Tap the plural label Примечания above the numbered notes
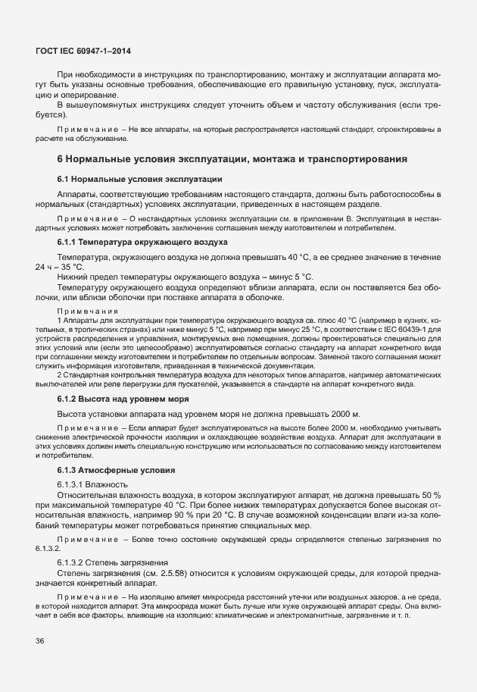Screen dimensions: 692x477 (88, 311)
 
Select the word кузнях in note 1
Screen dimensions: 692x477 (416, 320)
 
